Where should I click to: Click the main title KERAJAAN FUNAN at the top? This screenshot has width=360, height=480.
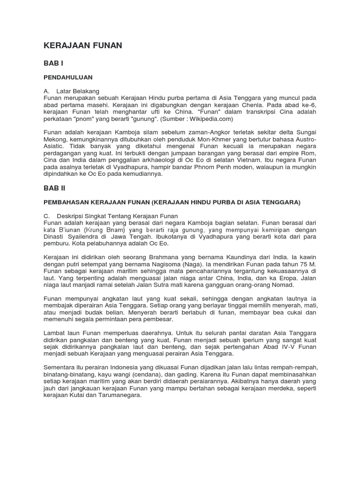pos(82,45)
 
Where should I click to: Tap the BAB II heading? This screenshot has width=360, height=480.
pos(55,188)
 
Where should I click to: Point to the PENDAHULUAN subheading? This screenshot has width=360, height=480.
pos(68,77)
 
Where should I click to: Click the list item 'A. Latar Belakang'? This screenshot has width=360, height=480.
pos(78,90)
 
